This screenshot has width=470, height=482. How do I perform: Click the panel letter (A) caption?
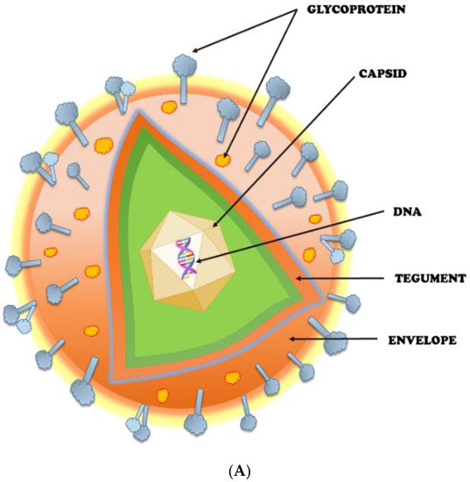(x=234, y=471)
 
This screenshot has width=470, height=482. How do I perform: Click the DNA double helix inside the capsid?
(x=186, y=258)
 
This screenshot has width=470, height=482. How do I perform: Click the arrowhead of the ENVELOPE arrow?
(x=291, y=337)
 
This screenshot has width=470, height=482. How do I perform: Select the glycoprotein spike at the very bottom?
(x=198, y=424)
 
